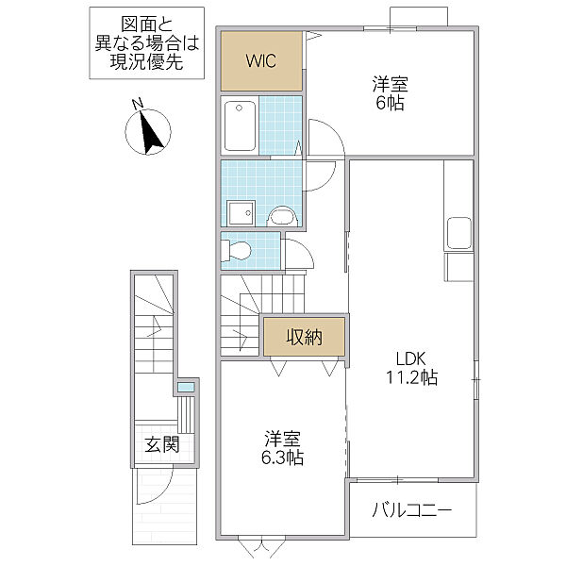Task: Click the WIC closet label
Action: tap(261, 61)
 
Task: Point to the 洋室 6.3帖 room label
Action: tap(283, 448)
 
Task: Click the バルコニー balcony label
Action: tap(411, 510)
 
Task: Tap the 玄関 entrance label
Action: tap(162, 445)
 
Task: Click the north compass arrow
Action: tap(150, 132)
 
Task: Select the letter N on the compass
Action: tap(138, 104)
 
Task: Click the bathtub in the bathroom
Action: tap(241, 125)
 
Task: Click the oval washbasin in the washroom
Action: tap(281, 216)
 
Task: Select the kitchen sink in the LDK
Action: tap(458, 232)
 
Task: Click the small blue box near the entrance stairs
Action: tap(186, 387)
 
